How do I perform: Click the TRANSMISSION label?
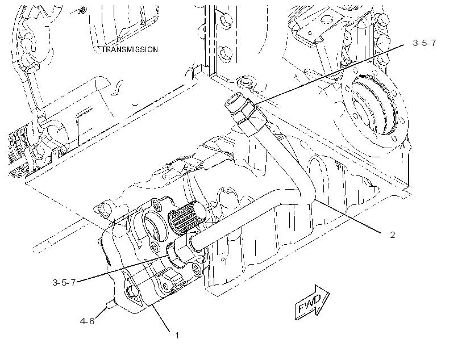click(x=130, y=49)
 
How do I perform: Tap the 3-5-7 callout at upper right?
click(x=424, y=43)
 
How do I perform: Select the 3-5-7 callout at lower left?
click(x=64, y=282)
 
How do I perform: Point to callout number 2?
click(x=393, y=235)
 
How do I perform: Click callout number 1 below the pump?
click(x=177, y=336)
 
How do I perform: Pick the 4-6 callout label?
click(x=87, y=321)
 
